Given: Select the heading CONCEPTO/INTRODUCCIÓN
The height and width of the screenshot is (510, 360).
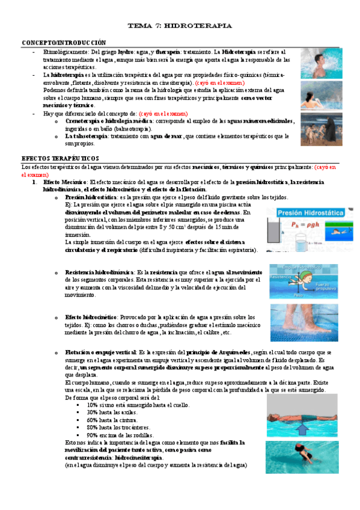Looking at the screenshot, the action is coord(64,43).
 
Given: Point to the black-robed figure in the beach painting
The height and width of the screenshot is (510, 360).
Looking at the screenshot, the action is coord(313,127).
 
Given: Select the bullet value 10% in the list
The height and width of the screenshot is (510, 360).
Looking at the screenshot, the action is coord(93,405).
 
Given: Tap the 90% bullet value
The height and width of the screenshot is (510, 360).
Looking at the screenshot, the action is coord(93,435).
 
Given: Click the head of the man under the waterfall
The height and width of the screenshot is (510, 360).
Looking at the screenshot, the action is coord(315,58).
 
